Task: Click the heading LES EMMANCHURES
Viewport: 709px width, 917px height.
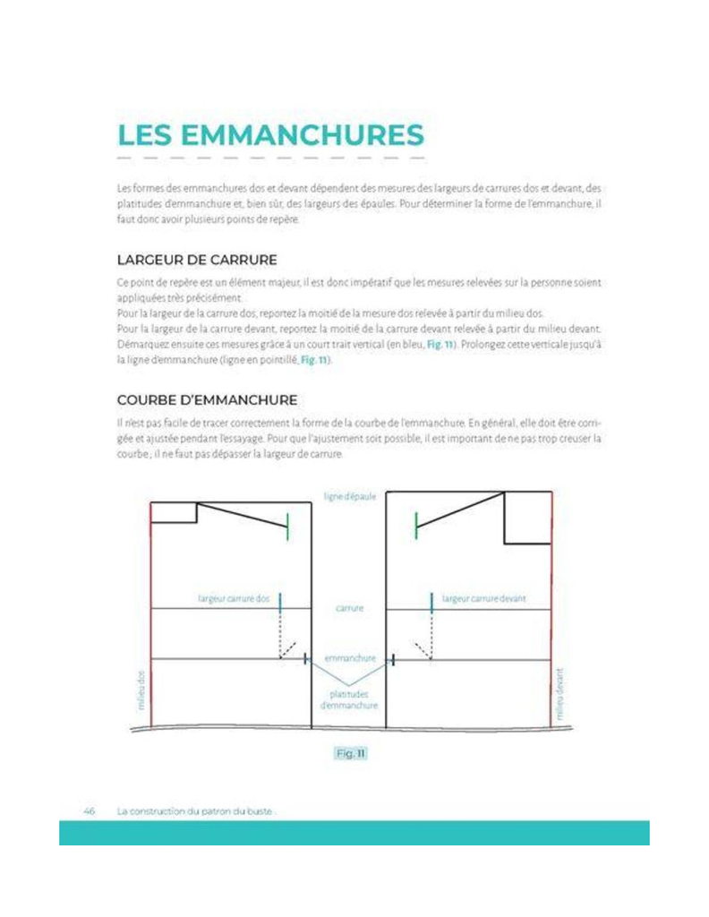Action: click(x=269, y=135)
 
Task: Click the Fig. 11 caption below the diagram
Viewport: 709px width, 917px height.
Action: click(x=349, y=754)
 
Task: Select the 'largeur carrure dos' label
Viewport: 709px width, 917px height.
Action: click(x=234, y=597)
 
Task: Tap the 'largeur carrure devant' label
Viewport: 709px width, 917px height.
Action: click(x=483, y=597)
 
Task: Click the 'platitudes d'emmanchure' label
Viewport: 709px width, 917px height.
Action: click(x=349, y=699)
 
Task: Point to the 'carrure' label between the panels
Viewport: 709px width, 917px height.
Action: click(x=348, y=608)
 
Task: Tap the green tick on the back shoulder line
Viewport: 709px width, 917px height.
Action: click(x=287, y=527)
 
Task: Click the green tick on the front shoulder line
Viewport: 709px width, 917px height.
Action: click(x=416, y=527)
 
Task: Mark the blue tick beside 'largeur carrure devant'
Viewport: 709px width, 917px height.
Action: click(x=431, y=602)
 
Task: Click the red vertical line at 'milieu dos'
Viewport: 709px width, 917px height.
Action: click(x=151, y=627)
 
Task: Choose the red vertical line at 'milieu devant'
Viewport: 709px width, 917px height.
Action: click(x=551, y=627)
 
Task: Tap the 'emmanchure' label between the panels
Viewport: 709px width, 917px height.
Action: click(x=348, y=658)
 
